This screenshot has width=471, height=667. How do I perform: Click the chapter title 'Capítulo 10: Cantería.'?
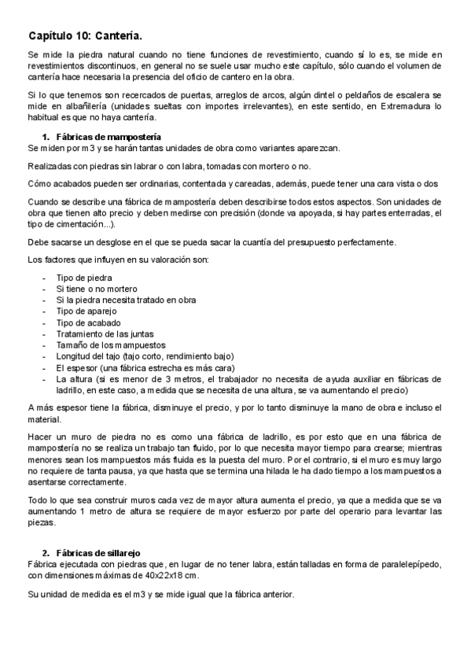click(x=85, y=36)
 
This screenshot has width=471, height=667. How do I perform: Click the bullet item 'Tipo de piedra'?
click(x=83, y=278)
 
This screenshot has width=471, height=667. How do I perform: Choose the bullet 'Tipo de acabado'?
click(x=88, y=322)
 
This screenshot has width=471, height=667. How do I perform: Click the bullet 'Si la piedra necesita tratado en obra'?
click(x=126, y=300)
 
